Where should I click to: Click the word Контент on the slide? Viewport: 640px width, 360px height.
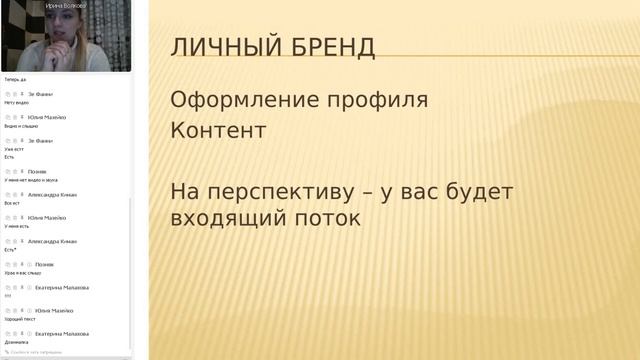point(219,131)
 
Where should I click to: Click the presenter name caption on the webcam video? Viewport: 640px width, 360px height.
point(65,6)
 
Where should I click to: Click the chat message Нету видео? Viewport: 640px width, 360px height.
point(17,102)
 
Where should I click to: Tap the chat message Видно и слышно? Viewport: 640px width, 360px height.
point(21,126)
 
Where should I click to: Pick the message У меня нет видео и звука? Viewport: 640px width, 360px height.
point(31,180)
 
